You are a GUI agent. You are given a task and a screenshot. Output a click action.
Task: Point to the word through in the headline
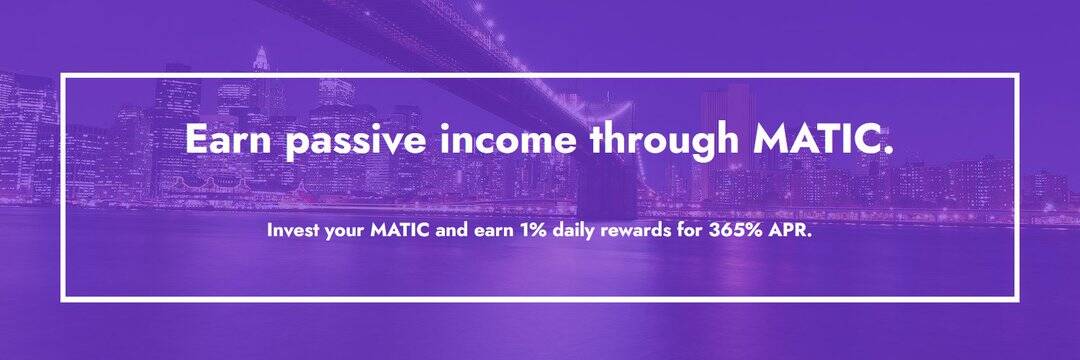click(x=664, y=142)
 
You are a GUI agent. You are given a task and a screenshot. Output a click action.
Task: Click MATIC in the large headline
click(x=823, y=140)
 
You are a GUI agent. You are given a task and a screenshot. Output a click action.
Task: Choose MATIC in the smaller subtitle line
click(x=401, y=231)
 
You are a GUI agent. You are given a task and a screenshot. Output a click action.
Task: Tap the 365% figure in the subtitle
click(x=736, y=231)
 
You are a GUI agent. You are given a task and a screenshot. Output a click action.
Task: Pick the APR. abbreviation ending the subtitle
click(x=791, y=231)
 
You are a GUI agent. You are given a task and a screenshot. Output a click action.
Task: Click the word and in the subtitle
click(x=452, y=231)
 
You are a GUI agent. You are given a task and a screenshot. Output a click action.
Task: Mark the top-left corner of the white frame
click(x=62, y=74)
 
